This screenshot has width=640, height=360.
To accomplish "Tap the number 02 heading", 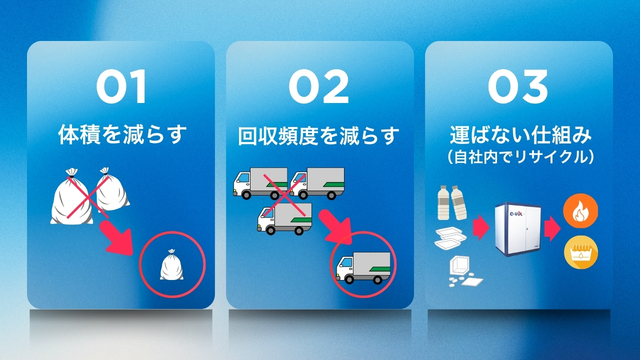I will pos(320,87).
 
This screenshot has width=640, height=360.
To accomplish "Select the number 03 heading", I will pos(520,87).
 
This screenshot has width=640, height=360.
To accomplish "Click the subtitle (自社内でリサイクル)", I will pos(520,157).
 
